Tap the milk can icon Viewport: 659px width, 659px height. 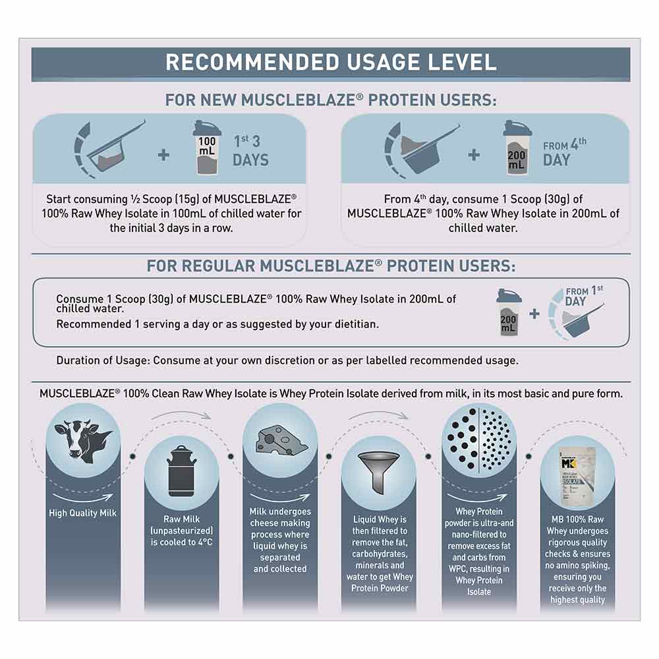click(182, 472)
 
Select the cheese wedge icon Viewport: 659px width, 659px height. click(281, 441)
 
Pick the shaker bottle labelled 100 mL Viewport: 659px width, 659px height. click(207, 148)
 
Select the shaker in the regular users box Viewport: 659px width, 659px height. click(509, 312)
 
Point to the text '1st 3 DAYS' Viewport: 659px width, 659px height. click(250, 150)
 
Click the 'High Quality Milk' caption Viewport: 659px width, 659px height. click(83, 513)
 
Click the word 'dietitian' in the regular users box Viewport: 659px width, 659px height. click(357, 324)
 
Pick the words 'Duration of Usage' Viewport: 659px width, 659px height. click(103, 360)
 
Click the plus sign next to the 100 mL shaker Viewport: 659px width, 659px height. click(163, 155)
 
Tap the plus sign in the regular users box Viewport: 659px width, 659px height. click(534, 314)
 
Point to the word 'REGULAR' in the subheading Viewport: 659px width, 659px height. click(218, 266)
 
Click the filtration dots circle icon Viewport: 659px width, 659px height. click(478, 438)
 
